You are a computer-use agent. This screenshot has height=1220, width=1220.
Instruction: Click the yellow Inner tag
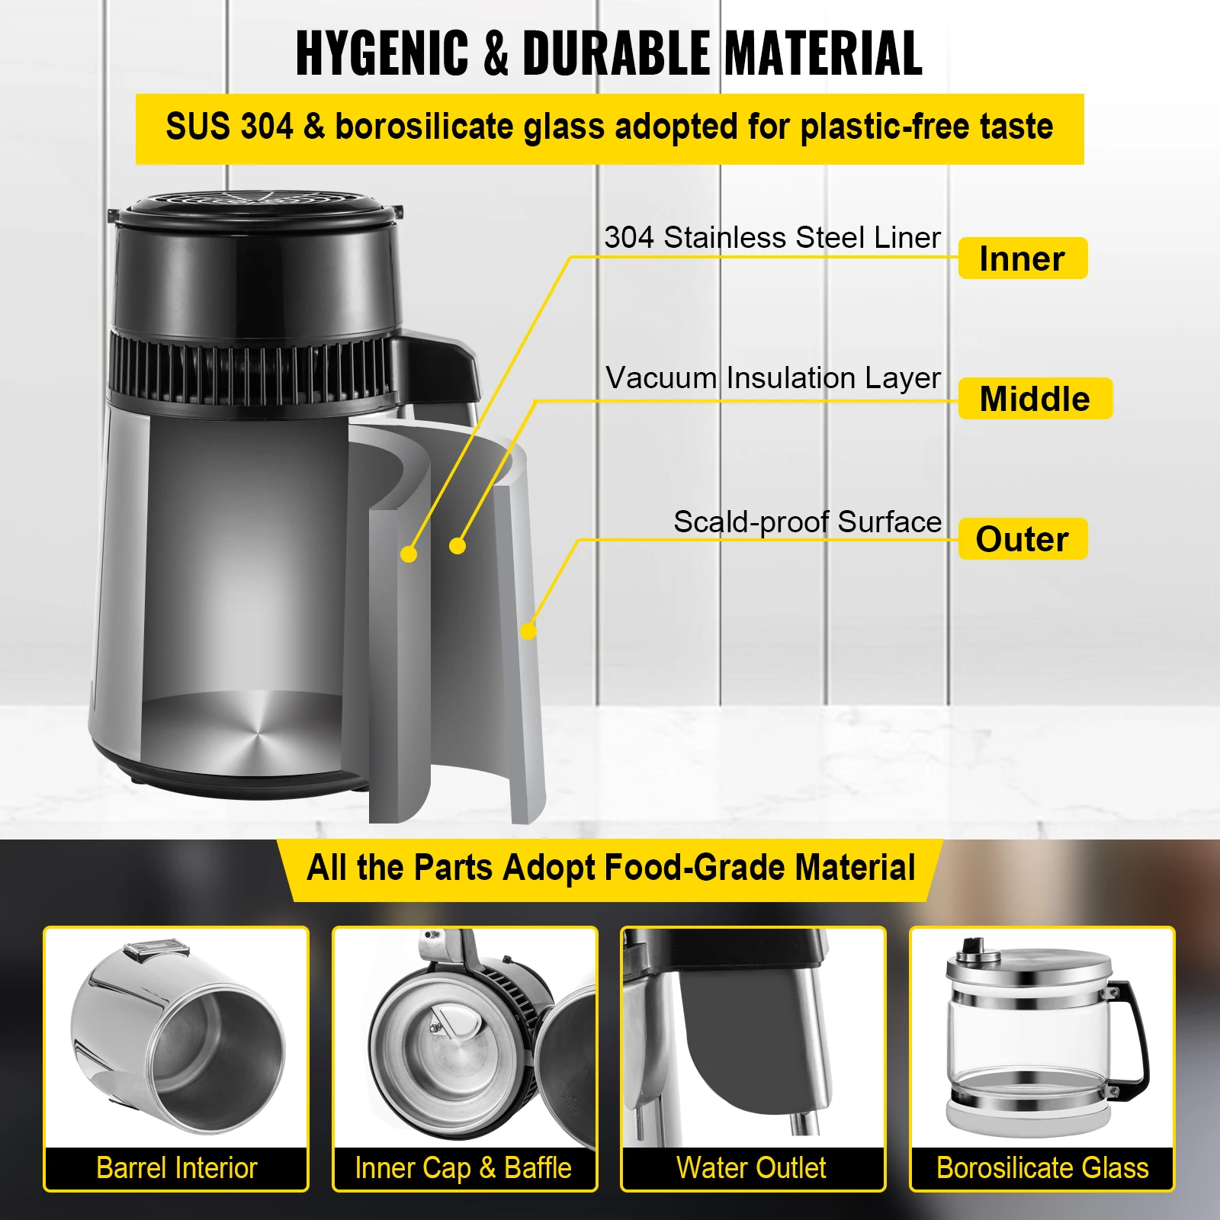tap(1022, 258)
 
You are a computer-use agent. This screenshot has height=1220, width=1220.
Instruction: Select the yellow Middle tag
tap(1035, 399)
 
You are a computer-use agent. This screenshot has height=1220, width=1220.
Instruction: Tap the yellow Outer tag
tap(1022, 539)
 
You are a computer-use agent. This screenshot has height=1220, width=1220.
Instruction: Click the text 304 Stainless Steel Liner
tap(772, 237)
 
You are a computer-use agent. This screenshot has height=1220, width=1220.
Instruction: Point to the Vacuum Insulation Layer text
tap(772, 377)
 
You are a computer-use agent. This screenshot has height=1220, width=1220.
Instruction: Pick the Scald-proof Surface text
tap(807, 522)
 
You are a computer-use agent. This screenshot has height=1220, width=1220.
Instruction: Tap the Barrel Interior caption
tap(177, 1168)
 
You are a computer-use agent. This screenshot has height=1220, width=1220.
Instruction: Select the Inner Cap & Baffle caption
tap(464, 1168)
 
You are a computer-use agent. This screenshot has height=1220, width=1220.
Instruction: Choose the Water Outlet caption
tap(751, 1168)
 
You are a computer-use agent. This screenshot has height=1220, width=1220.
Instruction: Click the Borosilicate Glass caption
tap(1042, 1168)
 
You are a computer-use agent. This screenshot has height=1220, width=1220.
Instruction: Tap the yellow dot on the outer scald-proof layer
tap(528, 631)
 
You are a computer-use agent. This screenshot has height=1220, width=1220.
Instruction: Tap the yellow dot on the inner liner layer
tap(409, 554)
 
